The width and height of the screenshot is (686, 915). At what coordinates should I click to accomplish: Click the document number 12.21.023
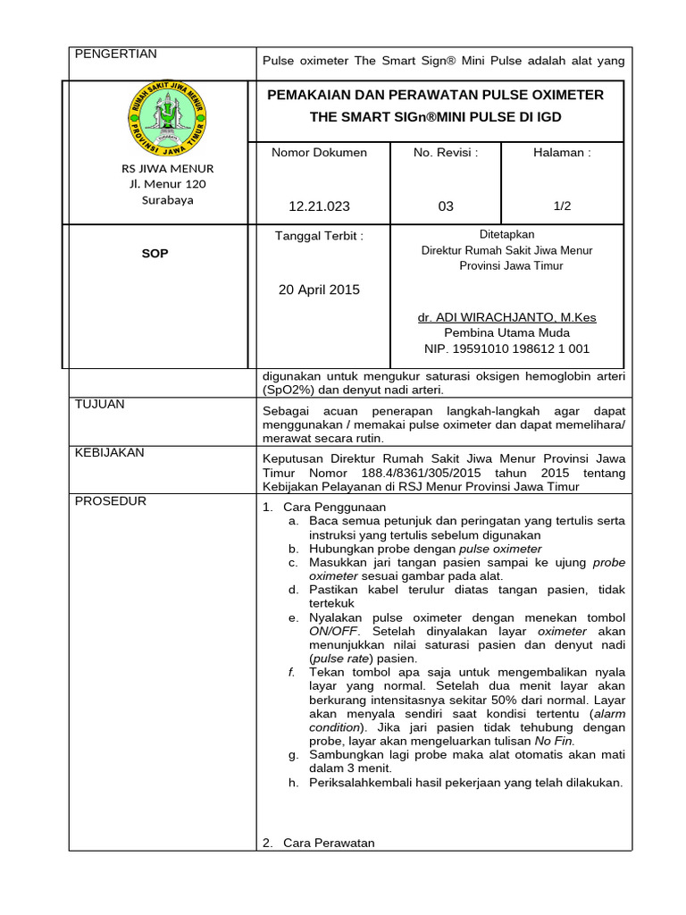pyautogui.click(x=319, y=206)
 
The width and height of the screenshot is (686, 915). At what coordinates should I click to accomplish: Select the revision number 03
pyautogui.click(x=446, y=206)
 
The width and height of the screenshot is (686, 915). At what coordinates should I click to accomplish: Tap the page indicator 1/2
pyautogui.click(x=562, y=206)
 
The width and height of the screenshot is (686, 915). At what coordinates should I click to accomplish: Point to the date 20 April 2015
pyautogui.click(x=319, y=290)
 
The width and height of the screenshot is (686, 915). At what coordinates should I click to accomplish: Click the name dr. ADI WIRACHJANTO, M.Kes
pyautogui.click(x=506, y=317)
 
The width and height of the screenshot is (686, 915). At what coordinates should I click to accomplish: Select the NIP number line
pyautogui.click(x=506, y=349)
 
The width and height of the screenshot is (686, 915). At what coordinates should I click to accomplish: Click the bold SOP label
pyautogui.click(x=155, y=254)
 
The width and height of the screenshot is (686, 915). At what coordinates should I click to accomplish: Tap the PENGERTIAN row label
pyautogui.click(x=115, y=55)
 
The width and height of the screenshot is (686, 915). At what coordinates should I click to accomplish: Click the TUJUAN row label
pyautogui.click(x=99, y=405)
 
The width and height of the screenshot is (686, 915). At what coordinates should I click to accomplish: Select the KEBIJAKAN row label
pyautogui.click(x=109, y=453)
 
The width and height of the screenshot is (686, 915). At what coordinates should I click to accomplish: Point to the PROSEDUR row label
pyautogui.click(x=110, y=501)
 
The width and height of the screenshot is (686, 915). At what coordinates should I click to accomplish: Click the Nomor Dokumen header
pyautogui.click(x=319, y=153)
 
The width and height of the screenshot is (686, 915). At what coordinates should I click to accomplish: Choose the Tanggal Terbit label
pyautogui.click(x=319, y=237)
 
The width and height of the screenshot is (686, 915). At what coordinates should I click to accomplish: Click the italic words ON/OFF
pyautogui.click(x=332, y=631)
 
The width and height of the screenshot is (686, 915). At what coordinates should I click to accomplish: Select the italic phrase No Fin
pyautogui.click(x=554, y=742)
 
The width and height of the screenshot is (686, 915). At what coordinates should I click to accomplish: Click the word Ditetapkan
pyautogui.click(x=506, y=235)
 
